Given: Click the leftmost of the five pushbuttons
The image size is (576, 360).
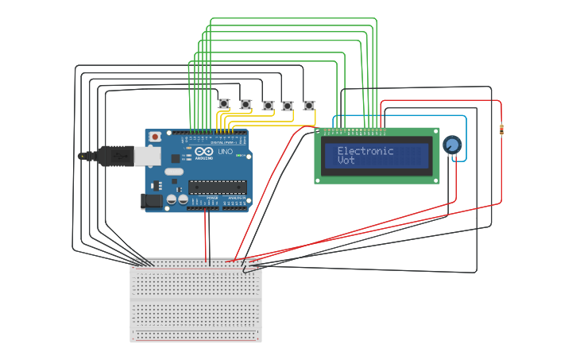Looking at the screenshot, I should pos(224,104).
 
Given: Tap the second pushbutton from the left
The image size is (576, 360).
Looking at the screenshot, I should pos(246,104).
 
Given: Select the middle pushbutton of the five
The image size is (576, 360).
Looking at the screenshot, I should pos(268,105).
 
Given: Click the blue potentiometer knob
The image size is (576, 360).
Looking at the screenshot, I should pos(452,145).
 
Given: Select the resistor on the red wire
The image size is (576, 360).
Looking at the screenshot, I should pos(501,130).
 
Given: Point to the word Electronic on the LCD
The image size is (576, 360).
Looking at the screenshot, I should pos(365,151).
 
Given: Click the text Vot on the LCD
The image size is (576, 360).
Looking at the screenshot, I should pos(346,161).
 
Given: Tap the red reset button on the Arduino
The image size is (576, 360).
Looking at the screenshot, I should pos(155,137).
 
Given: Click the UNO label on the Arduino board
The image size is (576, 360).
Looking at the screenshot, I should pos(225,151).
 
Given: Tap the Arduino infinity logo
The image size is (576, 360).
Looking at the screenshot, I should pos(203,152).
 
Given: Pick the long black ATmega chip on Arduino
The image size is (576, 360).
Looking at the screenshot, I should pos(216,188).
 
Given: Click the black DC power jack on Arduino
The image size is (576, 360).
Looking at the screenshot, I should pos(150,203).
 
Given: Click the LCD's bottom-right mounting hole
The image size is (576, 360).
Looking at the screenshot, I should pos(434,180).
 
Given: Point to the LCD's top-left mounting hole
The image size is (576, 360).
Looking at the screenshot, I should pos(319,132).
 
